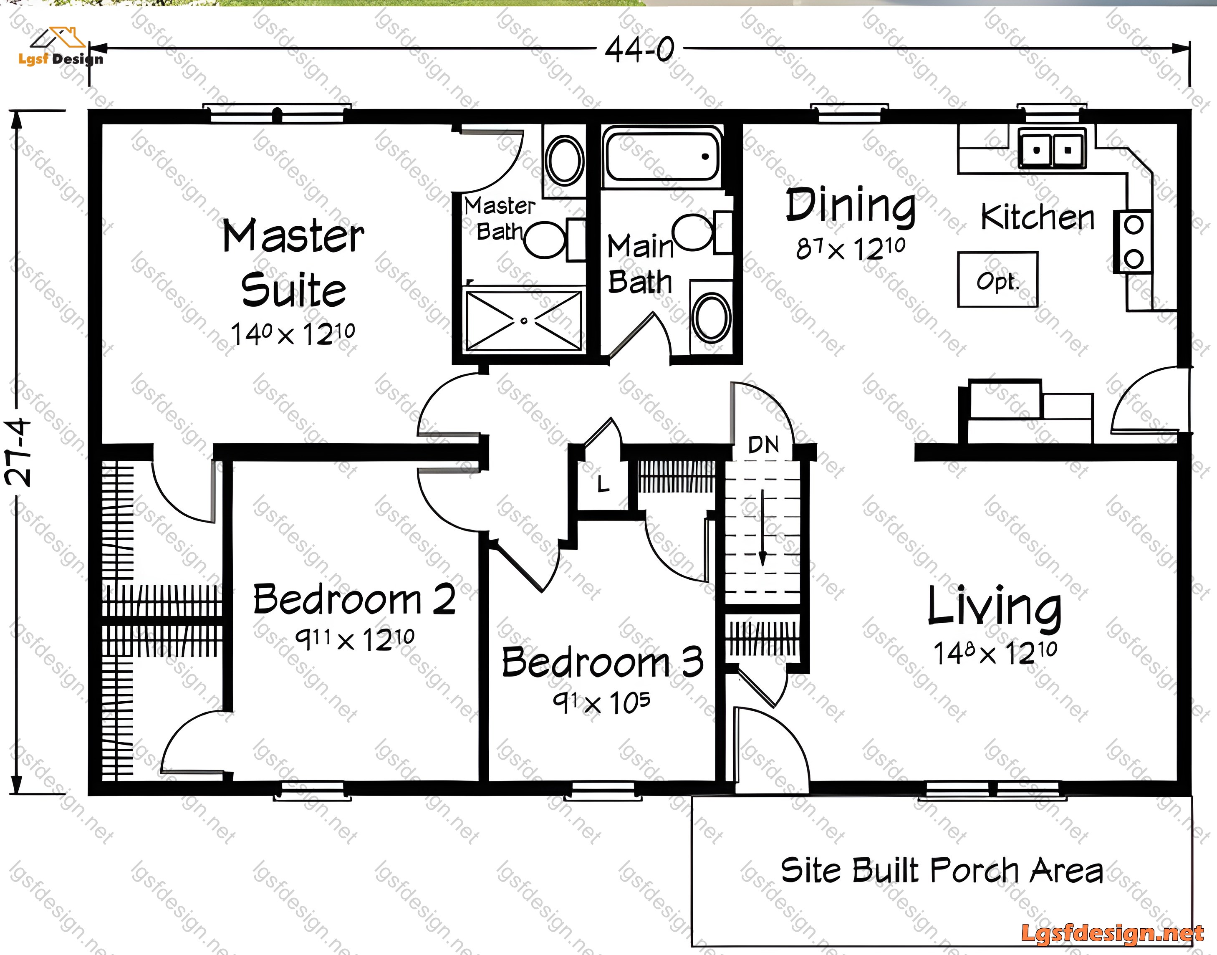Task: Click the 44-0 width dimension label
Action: [x=639, y=49]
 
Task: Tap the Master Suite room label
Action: [x=293, y=263]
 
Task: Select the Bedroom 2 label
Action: [x=354, y=599]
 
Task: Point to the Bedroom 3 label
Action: [x=603, y=662]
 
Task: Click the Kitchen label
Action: [x=1038, y=217]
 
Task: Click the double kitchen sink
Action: [x=1052, y=148]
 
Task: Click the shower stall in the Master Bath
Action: [x=524, y=320]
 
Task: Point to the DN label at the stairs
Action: [x=763, y=445]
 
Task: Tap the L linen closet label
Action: [x=603, y=484]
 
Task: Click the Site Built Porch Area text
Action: [x=942, y=871]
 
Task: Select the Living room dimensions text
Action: [x=995, y=652]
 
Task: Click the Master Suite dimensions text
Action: [x=293, y=334]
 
